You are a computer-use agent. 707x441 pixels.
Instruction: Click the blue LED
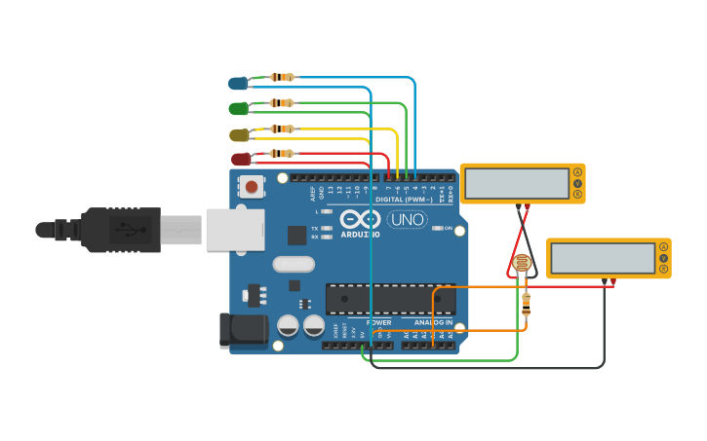click(238, 84)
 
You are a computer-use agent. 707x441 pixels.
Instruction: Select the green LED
click(238, 108)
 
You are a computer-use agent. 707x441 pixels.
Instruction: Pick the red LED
click(240, 159)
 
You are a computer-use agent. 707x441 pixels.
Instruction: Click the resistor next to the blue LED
click(282, 77)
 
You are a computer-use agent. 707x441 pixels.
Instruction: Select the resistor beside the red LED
click(282, 153)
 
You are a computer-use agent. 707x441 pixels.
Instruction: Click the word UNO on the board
click(407, 219)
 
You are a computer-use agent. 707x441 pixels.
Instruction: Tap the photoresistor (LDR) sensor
click(522, 263)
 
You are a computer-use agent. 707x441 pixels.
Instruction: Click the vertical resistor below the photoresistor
click(527, 305)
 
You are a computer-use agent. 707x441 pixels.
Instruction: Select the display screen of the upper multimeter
click(517, 183)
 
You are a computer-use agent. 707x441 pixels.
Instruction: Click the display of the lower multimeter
click(603, 258)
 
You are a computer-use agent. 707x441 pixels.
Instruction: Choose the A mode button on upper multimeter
click(577, 172)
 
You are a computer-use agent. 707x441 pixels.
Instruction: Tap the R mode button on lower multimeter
click(664, 270)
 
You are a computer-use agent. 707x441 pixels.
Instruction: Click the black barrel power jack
click(244, 331)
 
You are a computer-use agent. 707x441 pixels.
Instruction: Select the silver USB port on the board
click(235, 230)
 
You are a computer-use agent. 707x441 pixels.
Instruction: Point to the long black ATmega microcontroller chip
click(389, 299)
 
